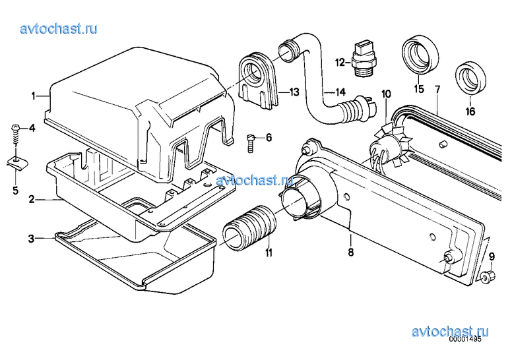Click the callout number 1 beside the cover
(x=33, y=96)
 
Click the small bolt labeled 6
(x=250, y=143)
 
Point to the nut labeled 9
(x=487, y=276)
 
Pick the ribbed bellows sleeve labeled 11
(x=249, y=228)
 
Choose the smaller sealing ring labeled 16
(x=470, y=76)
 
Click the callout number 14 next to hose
(x=340, y=92)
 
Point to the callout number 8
(x=350, y=251)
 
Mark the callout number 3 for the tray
(x=31, y=239)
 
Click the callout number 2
(x=31, y=199)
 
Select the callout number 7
(x=437, y=89)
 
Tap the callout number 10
(x=386, y=94)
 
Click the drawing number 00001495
(x=465, y=339)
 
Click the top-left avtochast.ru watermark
(x=59, y=28)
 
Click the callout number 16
(x=470, y=111)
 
